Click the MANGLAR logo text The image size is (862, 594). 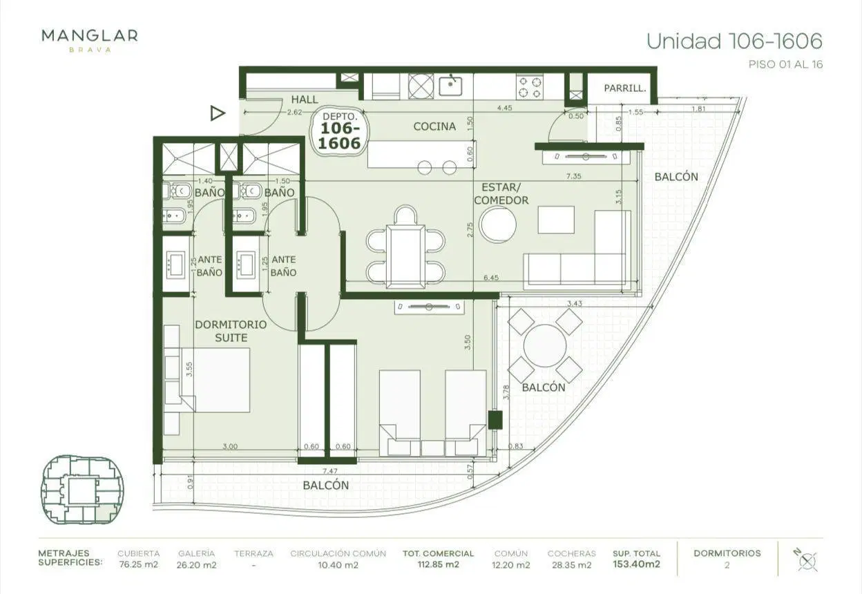pos(90,36)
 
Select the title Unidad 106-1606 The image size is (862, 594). pos(734,41)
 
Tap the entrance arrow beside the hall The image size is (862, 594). pos(218,113)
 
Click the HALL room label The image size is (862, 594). pos(305,99)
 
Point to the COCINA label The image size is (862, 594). pos(434,126)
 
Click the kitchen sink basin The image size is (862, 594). pos(450,86)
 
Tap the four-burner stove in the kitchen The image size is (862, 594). pos(530,86)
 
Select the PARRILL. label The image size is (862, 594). pos(624,88)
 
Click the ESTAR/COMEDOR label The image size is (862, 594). pos(501,193)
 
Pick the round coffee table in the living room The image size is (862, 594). pos(497,225)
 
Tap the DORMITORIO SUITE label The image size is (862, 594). pos(231,331)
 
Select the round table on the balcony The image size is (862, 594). pos(544,346)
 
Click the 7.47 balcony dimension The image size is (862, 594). pos(329,471)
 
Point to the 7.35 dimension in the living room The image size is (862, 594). pos(573,176)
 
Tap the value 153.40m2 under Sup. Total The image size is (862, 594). pos(637,564)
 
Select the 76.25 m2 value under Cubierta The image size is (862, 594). pos(139,564)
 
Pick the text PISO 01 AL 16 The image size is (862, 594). pos(785,64)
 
